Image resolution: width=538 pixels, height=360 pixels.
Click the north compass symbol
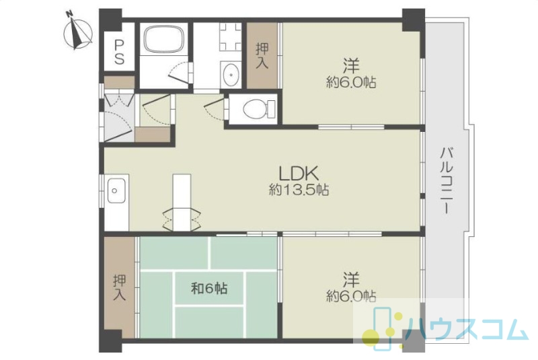78,32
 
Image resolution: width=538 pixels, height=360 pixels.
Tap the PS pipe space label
119,52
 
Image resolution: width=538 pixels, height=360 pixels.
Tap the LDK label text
299,174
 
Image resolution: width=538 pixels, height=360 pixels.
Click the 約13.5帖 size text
299,190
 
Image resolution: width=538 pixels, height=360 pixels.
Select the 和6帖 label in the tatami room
209,288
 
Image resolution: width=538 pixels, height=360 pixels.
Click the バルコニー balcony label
447,181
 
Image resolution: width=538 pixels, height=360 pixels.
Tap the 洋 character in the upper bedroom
350,66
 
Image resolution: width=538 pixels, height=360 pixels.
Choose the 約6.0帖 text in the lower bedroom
350,296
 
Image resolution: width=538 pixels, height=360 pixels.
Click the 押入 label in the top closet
262,56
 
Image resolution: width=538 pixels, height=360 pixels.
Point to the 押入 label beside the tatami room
120,288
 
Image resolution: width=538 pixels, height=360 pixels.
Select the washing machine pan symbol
230,37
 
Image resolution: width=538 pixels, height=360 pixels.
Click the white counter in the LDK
182,203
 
